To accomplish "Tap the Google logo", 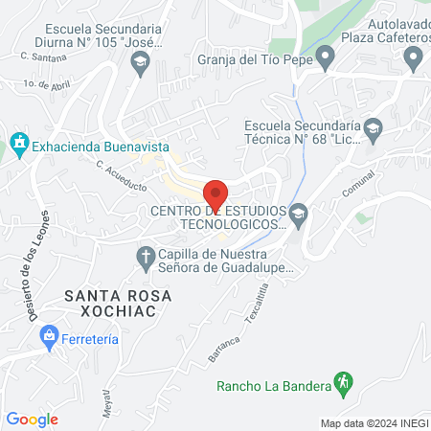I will point(32,419).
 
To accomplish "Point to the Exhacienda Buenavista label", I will point(101,147).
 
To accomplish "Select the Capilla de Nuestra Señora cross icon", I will point(146,256).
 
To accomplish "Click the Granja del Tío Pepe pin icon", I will point(325,58).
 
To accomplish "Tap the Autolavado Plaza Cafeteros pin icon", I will point(414,59).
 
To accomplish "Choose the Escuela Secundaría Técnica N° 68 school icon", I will point(374,127).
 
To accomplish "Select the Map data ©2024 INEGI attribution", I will point(374,422).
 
